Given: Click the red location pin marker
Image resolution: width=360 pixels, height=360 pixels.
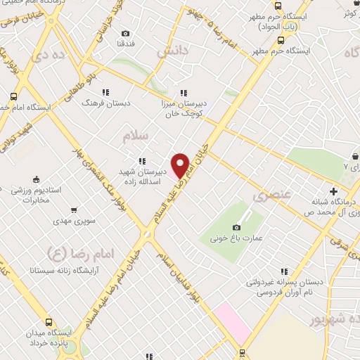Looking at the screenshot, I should tap(181, 165).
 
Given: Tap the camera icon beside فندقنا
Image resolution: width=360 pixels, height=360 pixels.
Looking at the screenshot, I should tap(125, 33).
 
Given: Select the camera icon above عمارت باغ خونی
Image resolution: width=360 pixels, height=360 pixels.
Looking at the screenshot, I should tap(236, 227).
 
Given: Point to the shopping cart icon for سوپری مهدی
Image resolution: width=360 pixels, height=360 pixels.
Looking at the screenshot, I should tap(73, 210).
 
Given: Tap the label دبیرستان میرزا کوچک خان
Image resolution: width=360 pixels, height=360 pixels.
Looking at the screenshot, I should tap(184, 108).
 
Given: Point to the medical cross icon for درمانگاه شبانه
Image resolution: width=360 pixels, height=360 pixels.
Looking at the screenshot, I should tap(333, 191).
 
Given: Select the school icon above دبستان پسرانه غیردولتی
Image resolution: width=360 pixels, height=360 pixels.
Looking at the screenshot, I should tap(284, 271).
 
